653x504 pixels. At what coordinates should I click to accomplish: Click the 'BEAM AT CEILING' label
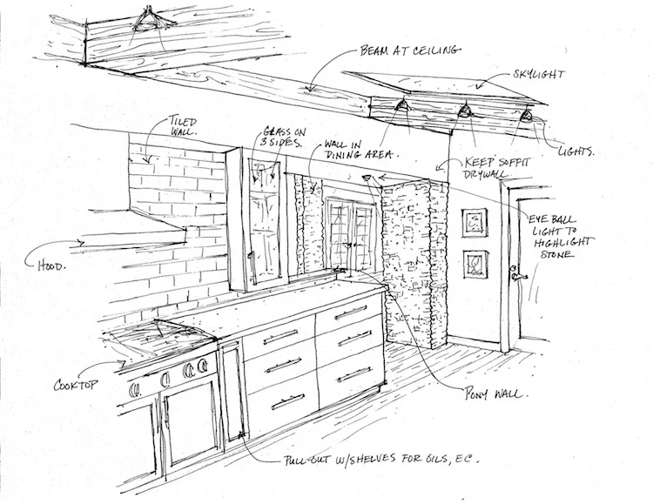pos(410,50)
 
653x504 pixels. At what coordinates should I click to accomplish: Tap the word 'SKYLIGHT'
pos(538,75)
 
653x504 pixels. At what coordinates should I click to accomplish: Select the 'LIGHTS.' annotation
pos(576,151)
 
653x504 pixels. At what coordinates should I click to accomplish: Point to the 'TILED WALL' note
pos(183,126)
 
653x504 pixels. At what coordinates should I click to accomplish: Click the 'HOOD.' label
pos(51,265)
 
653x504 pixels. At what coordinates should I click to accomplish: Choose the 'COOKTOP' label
pos(76,385)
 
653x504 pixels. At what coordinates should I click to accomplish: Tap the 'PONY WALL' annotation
pos(496,393)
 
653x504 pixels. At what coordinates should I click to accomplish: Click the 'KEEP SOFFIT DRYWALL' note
pos(495,167)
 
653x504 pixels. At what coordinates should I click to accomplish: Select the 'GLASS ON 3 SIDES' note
pos(283,137)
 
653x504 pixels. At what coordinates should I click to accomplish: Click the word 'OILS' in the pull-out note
pos(433,459)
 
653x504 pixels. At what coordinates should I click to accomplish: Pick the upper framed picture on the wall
pos(475,223)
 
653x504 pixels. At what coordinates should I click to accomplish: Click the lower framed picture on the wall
pos(475,264)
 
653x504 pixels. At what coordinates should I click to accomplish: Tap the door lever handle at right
pos(519,274)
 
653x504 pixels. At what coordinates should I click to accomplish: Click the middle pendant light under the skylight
pos(464,111)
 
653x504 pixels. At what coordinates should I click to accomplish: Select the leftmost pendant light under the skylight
pos(402,105)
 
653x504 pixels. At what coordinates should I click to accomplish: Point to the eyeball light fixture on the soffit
pos(367,178)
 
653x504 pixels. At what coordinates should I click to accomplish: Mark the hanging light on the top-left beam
pos(147,22)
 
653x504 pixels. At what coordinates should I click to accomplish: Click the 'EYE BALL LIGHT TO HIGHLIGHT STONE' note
pos(561,236)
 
